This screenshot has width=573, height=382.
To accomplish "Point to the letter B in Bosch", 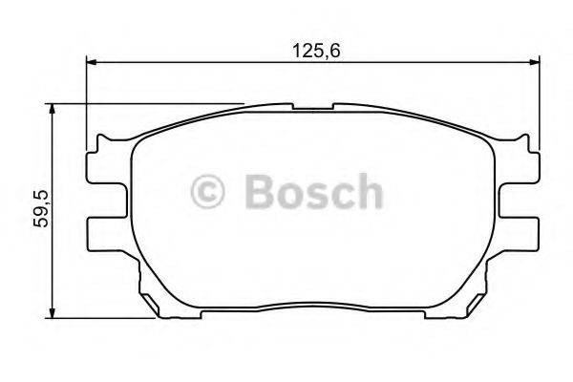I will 262,191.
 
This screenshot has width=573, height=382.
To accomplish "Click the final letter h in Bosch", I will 368,191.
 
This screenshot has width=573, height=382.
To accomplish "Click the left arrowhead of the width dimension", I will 93,62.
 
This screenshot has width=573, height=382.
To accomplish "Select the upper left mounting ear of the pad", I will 105,172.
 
